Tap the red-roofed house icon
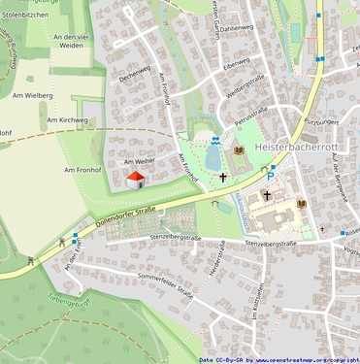coord(135,179)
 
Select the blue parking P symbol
coord(272,169)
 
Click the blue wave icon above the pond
coord(213,139)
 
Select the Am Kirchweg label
coord(67,119)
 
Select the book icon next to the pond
coord(239,150)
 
